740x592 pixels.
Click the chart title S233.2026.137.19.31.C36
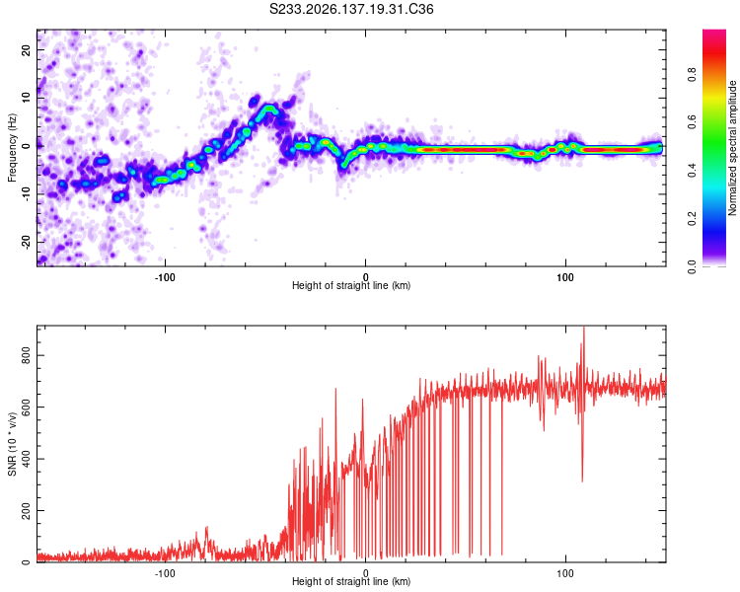click(x=351, y=9)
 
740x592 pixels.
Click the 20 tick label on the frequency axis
click(x=27, y=49)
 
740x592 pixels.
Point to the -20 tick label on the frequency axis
click(x=27, y=243)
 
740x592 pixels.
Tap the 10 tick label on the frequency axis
click(x=27, y=98)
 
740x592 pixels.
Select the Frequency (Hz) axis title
click(x=12, y=148)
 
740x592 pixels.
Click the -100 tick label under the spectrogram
click(x=164, y=277)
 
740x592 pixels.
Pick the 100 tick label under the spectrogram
click(x=565, y=277)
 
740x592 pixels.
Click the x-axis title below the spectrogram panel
click(x=351, y=285)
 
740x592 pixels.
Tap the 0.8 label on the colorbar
click(x=692, y=75)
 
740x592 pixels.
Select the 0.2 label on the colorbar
click(x=692, y=219)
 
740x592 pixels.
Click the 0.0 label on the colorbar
click(x=692, y=266)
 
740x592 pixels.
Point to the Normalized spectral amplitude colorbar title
click(x=732, y=148)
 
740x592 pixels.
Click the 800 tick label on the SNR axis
click(x=27, y=355)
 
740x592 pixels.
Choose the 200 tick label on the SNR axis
click(x=27, y=510)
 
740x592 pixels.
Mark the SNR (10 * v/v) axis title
click(x=12, y=444)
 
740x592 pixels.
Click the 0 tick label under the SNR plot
click(x=365, y=573)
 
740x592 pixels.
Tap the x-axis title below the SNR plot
click(x=351, y=581)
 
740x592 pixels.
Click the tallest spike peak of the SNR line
click(x=584, y=328)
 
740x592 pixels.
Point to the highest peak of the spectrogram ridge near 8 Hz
click(x=269, y=109)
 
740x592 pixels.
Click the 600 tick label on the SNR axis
click(x=27, y=407)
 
